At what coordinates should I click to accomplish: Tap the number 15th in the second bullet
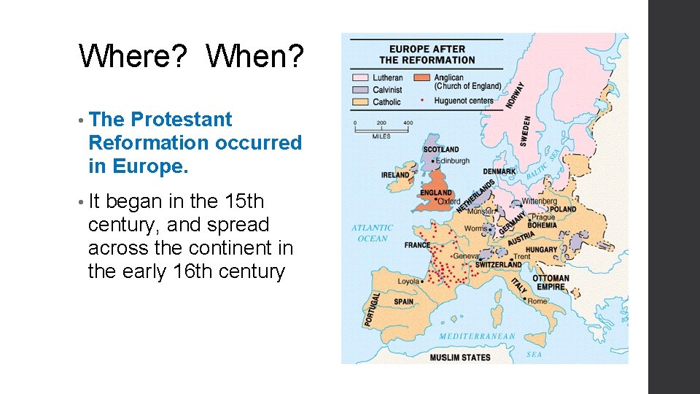245,201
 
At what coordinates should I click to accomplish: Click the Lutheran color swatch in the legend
362,77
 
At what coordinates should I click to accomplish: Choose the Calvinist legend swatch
362,90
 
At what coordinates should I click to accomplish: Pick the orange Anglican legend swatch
422,77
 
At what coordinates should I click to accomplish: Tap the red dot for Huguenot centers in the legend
422,99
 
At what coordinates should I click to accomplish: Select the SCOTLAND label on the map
441,150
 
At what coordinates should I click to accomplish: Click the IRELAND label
395,175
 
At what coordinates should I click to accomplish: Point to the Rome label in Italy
537,301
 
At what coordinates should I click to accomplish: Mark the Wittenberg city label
539,201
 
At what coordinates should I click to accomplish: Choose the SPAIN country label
403,301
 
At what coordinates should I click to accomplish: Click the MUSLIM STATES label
459,358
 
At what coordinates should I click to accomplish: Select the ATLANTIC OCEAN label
372,233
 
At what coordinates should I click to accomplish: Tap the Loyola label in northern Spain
408,281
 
